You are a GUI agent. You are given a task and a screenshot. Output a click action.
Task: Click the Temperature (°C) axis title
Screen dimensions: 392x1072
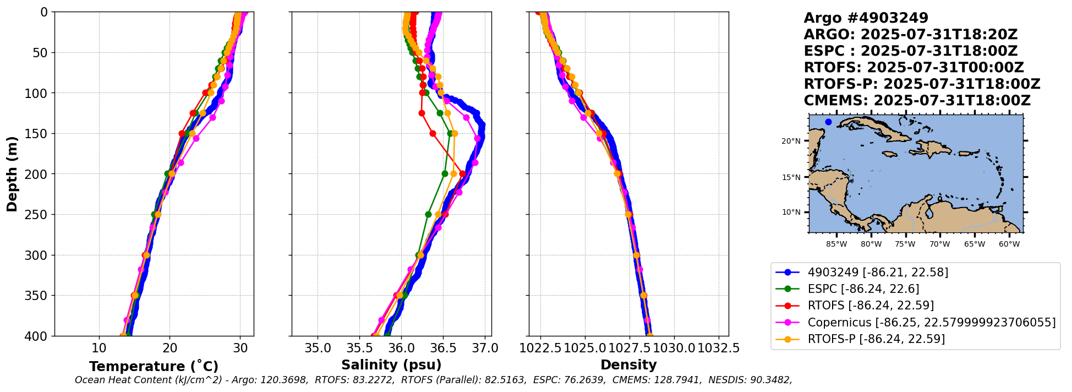[x=154, y=367]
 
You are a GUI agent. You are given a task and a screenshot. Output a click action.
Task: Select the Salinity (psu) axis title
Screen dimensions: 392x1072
[x=391, y=365]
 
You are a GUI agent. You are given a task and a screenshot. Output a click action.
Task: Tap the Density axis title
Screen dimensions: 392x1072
[x=628, y=365]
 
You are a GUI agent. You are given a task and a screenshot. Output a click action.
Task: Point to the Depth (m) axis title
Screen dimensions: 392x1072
[x=12, y=174]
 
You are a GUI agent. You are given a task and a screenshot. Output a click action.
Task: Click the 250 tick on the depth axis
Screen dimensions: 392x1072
[x=39, y=215]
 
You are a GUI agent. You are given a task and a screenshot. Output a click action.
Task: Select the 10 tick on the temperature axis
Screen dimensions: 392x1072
[x=99, y=349]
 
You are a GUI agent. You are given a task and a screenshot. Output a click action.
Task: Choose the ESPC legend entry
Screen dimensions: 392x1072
[x=863, y=289]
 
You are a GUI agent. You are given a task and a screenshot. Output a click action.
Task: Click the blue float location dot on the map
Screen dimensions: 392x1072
[x=828, y=122]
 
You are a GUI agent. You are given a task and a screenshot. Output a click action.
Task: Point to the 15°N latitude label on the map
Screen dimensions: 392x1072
[x=791, y=177]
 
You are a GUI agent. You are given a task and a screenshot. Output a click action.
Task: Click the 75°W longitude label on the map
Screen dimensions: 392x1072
[x=905, y=244]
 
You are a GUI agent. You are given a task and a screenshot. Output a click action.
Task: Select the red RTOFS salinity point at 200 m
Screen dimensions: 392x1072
[x=462, y=174]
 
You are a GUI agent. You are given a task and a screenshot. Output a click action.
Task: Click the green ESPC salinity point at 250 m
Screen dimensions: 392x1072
[x=428, y=214]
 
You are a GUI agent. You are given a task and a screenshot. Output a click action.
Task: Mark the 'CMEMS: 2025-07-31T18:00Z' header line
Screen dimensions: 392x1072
[x=917, y=101]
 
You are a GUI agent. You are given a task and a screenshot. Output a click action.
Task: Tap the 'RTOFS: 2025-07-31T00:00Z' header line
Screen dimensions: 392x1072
[x=914, y=68]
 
